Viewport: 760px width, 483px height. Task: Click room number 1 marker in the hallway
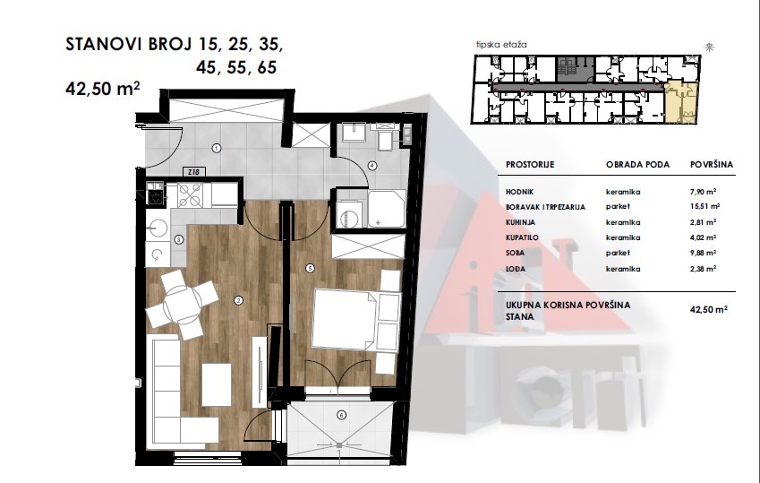[x=217, y=148]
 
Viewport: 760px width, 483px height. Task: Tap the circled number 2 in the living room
[x=238, y=301]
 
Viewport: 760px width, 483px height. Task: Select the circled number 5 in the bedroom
[x=310, y=268]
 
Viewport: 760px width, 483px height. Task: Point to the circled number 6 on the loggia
[x=342, y=415]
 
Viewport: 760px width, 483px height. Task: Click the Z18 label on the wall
[x=193, y=172]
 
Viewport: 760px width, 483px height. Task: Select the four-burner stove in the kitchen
[x=191, y=195]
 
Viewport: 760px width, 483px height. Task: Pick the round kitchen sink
[x=157, y=227]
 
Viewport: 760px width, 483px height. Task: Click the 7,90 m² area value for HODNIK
[x=704, y=192]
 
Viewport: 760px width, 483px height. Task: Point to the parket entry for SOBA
[x=618, y=253]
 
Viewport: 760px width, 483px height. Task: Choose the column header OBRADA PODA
[x=638, y=165]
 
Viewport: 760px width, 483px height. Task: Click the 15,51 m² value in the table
[x=704, y=206]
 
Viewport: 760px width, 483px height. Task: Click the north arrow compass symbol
[x=710, y=47]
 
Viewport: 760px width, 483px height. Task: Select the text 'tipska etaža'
[x=501, y=45]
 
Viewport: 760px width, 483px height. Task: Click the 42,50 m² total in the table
[x=709, y=309]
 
